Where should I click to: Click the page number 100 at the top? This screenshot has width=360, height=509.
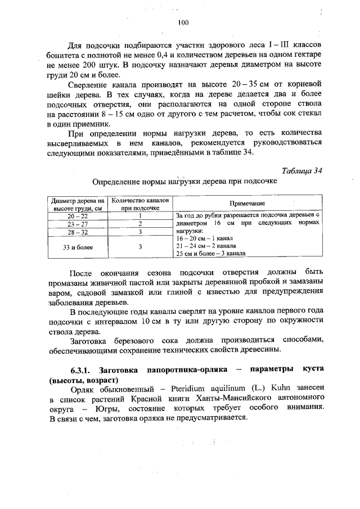click(x=181, y=22)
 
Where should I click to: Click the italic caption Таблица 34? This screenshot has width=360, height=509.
click(x=302, y=171)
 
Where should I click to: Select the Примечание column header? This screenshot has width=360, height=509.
click(x=247, y=203)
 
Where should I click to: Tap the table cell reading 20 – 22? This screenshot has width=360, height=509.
click(x=78, y=215)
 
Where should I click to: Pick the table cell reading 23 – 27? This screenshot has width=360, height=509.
click(x=78, y=223)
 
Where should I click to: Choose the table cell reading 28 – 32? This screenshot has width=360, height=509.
click(x=78, y=231)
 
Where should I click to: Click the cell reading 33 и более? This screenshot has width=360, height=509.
click(x=78, y=246)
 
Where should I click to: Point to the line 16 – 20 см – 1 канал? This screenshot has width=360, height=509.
click(x=201, y=238)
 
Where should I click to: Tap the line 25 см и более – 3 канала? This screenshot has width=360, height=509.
click(x=210, y=253)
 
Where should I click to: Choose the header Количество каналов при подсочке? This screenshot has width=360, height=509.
click(x=139, y=203)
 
